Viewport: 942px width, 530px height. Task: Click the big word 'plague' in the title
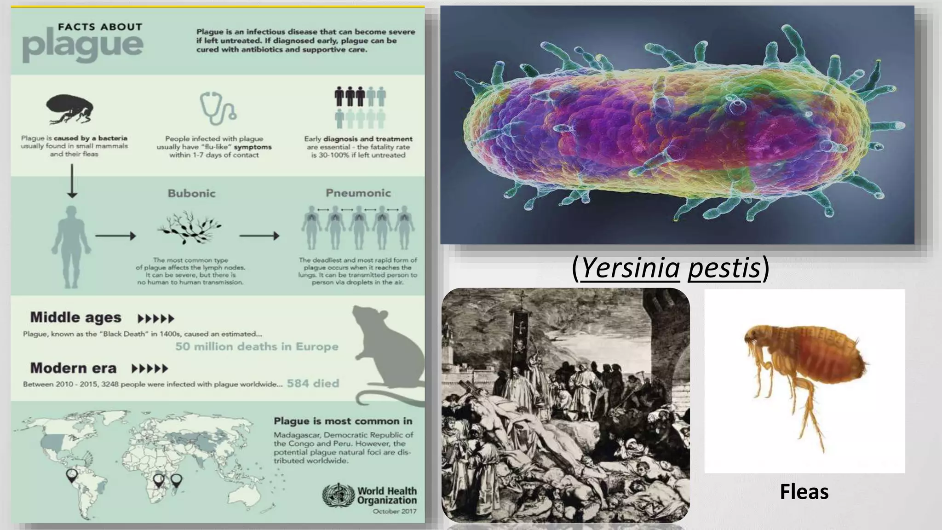(83, 46)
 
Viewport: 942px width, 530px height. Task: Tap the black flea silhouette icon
(70, 109)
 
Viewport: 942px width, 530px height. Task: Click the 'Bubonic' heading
(191, 193)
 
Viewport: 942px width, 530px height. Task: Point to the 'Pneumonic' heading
(358, 193)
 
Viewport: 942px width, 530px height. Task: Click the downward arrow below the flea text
(72, 181)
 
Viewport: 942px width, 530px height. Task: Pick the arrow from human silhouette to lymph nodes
(115, 236)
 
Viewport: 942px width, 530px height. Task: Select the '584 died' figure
(313, 383)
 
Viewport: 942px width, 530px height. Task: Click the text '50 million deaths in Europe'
(257, 346)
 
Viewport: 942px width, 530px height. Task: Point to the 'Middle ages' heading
(75, 317)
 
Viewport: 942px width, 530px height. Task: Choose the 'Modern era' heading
(73, 368)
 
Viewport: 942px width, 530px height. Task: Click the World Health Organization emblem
(338, 495)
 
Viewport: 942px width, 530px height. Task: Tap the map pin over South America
(72, 475)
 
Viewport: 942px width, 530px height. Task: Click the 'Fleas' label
(804, 491)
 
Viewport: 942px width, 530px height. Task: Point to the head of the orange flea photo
(754, 338)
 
